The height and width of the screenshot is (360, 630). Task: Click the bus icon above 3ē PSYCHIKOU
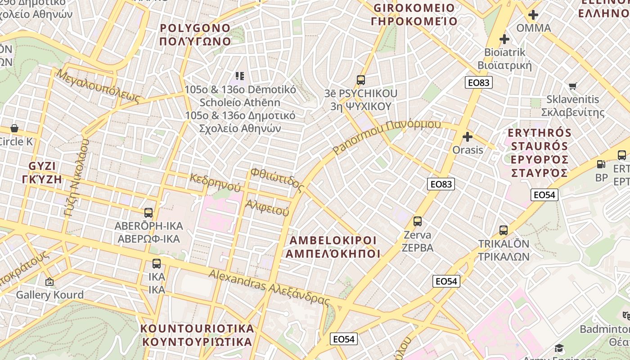(360, 80)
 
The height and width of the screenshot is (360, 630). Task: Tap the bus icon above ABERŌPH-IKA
(148, 213)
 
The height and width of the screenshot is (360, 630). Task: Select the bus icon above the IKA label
(156, 264)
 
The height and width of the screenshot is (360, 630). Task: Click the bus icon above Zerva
(418, 221)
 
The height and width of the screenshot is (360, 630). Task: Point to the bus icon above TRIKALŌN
(504, 230)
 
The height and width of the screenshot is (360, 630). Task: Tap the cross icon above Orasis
(468, 136)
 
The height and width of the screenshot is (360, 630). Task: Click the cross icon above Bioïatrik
(504, 39)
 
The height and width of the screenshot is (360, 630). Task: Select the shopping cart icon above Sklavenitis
(573, 86)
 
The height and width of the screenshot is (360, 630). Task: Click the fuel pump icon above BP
(601, 164)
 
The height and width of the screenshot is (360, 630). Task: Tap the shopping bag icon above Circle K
(14, 128)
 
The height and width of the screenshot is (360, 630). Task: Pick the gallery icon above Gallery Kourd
(49, 282)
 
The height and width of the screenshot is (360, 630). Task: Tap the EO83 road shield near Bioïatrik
(479, 82)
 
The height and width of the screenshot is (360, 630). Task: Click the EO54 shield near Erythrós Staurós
(544, 195)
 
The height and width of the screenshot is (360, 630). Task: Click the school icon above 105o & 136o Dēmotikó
(240, 76)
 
